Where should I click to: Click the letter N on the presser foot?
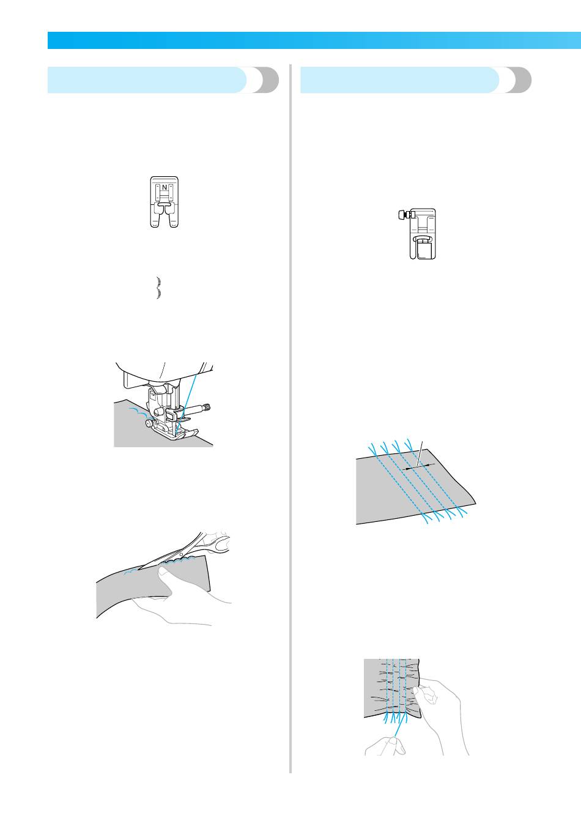tap(165, 187)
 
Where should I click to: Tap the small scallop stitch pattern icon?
tap(159, 288)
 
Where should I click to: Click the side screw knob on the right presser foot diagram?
tap(402, 214)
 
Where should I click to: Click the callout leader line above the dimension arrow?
tap(420, 454)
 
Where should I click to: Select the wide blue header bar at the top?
tap(314, 40)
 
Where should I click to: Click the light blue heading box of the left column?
tap(147, 80)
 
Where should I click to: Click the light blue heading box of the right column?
tap(399, 80)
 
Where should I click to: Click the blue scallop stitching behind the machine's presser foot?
tap(140, 412)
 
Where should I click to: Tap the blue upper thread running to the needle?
tap(187, 403)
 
